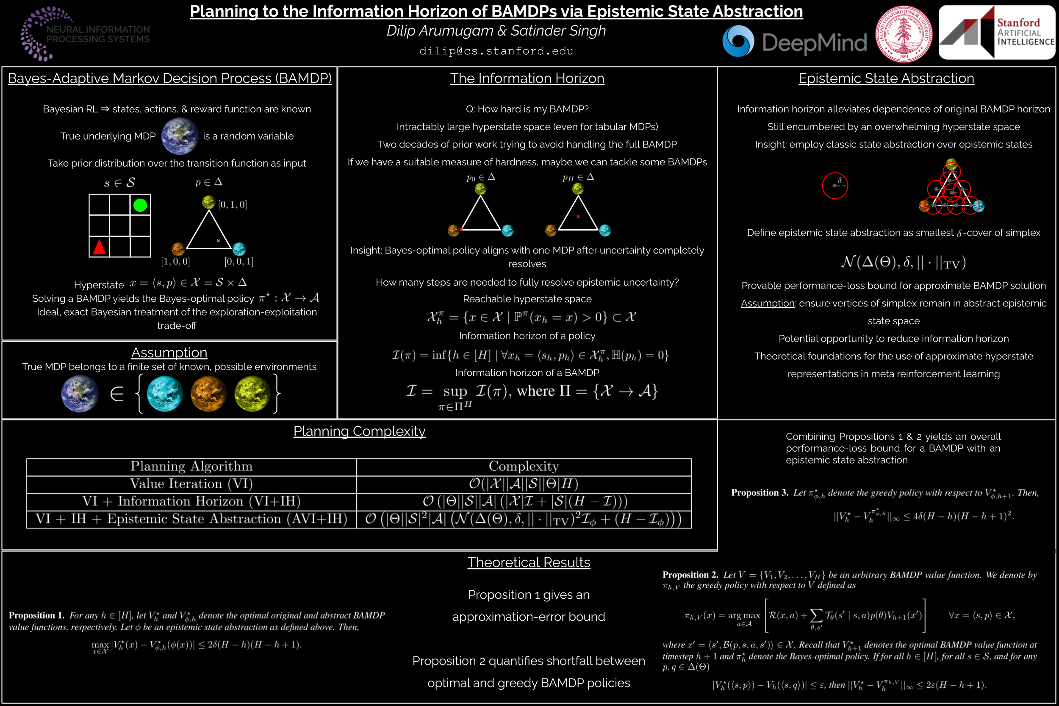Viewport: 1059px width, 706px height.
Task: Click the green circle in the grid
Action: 140,205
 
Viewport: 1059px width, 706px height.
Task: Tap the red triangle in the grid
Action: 100,247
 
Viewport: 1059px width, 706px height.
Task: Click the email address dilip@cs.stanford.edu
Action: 496,51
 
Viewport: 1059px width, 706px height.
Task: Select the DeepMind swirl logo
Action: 738,41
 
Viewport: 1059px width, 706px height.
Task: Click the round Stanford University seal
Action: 903,34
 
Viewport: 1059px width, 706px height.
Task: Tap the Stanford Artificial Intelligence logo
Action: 997,32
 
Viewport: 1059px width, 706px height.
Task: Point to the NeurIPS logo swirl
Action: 45,33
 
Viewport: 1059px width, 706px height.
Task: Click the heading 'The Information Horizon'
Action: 527,78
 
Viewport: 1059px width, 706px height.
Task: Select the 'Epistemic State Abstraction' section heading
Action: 886,78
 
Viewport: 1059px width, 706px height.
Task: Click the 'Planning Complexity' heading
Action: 359,431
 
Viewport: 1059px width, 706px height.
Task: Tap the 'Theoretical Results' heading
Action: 528,562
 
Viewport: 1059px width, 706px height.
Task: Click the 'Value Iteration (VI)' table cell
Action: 191,484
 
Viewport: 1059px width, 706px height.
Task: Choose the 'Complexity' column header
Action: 524,467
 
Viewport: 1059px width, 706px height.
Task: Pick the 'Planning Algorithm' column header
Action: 191,467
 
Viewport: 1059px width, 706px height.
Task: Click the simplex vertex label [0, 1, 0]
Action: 232,205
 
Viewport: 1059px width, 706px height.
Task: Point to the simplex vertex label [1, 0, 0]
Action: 175,261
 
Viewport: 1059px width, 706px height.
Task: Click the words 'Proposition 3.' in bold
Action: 759,492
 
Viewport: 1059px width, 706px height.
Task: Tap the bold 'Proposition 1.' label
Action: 36,615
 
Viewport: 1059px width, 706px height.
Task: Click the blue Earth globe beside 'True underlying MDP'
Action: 180,136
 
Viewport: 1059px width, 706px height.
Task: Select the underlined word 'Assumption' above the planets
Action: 169,353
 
